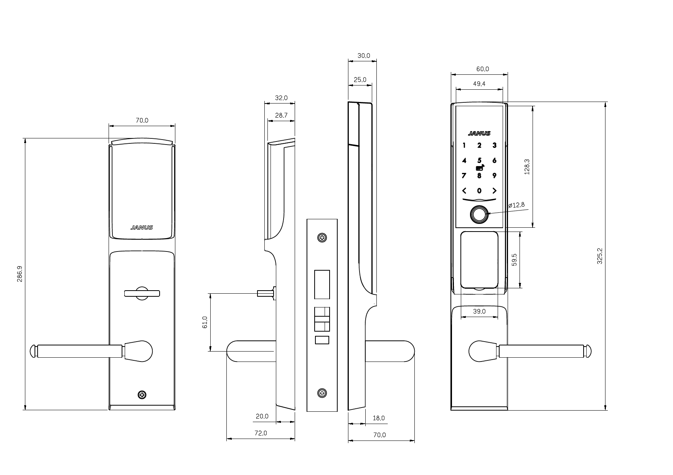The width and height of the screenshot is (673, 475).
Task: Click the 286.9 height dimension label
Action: [20, 274]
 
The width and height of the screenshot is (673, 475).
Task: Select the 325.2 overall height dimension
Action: [600, 256]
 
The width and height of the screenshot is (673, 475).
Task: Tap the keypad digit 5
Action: [479, 161]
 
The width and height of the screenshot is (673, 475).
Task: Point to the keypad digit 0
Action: [479, 191]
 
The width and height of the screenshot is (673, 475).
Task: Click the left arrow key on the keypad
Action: [464, 191]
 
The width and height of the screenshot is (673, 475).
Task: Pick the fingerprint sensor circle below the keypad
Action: [479, 215]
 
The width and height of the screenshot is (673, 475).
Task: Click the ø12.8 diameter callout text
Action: [516, 205]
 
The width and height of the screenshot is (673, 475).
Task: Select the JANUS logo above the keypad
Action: [479, 133]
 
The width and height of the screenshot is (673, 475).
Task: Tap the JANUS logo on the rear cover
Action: [142, 227]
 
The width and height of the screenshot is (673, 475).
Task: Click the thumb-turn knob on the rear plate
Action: [142, 294]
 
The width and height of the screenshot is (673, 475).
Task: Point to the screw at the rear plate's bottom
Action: [142, 394]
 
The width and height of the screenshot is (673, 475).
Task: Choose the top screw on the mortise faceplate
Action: [322, 238]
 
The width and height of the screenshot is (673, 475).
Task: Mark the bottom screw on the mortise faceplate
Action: [322, 393]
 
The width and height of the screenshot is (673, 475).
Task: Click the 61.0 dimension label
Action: [205, 322]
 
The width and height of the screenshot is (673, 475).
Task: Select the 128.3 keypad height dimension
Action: [527, 167]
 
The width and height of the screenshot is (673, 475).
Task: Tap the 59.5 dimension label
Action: [515, 260]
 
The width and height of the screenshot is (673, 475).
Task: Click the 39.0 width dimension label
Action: [479, 311]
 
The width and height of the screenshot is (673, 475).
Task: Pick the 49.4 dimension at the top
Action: [479, 84]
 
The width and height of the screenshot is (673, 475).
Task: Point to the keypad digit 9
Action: [494, 176]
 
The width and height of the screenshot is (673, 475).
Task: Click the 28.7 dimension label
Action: [281, 115]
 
